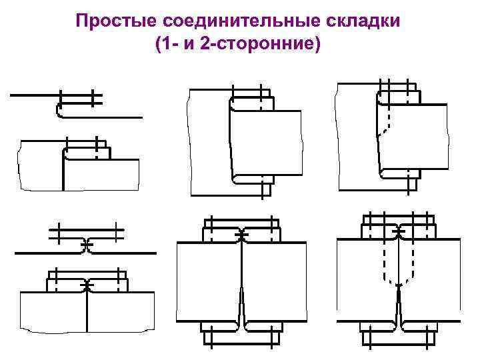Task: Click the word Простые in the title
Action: [x=109, y=21]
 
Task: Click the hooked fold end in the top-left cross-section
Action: [x=59, y=111]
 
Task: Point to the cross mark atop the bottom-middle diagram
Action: [x=241, y=236]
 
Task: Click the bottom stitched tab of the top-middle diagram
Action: [x=265, y=188]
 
